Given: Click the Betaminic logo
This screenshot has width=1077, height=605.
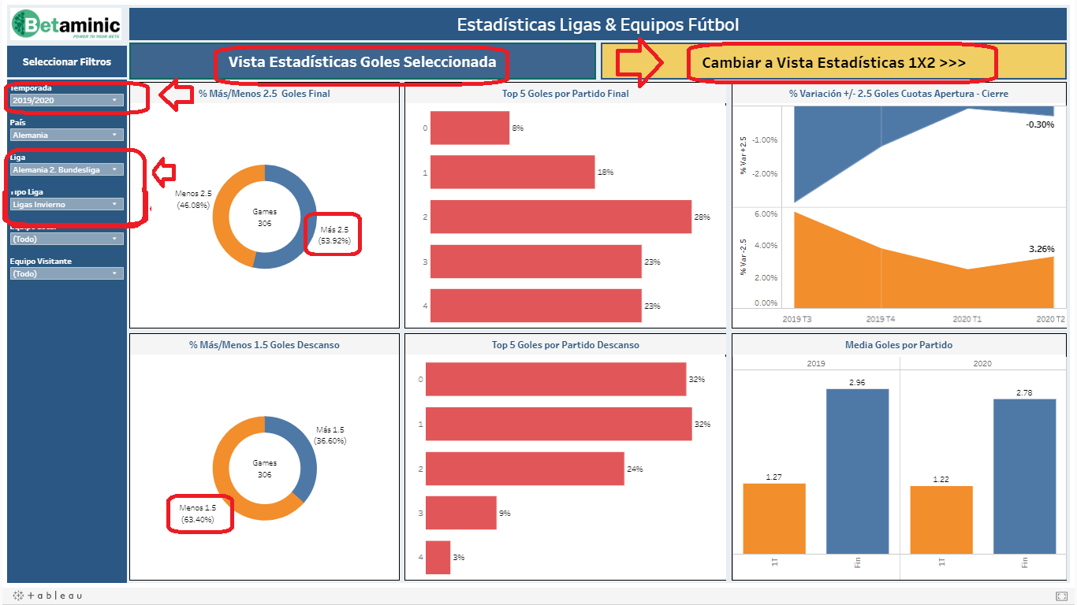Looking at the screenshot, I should pos(66,24).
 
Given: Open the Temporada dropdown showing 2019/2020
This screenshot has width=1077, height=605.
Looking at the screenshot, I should pos(66,100).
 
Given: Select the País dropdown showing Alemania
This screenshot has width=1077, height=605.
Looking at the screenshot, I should pos(66,135).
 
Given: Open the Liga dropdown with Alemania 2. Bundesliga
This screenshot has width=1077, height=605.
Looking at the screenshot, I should pos(66,169).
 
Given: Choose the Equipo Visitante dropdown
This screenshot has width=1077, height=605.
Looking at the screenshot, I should pos(66,273).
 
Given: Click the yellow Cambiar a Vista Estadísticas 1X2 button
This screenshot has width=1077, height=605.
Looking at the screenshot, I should pos(833,62).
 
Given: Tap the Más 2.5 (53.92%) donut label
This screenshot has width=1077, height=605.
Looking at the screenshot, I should pos(334,234).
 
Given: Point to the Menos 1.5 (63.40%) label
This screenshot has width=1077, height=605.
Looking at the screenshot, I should pos(197,514).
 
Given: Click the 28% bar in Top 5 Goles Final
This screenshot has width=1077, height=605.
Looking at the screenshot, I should pos(561,217).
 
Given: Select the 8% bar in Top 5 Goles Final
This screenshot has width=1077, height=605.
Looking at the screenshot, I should pos(470,128).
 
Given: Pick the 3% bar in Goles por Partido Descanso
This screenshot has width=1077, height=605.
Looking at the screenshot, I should pos(438,557).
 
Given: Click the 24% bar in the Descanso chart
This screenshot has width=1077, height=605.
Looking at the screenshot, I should pos(524,469).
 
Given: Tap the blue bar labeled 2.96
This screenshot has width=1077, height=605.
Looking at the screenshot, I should pos(857,471).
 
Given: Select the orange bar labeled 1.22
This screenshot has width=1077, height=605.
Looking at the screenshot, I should pos(941,520).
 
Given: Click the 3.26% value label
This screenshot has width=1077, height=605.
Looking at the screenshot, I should pos(1041,249).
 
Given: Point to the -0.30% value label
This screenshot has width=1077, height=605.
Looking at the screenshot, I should pos(1040,124).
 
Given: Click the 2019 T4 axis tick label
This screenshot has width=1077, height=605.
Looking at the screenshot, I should pos(881,318).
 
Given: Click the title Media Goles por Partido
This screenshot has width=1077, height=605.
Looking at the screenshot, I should pos(899,345).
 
